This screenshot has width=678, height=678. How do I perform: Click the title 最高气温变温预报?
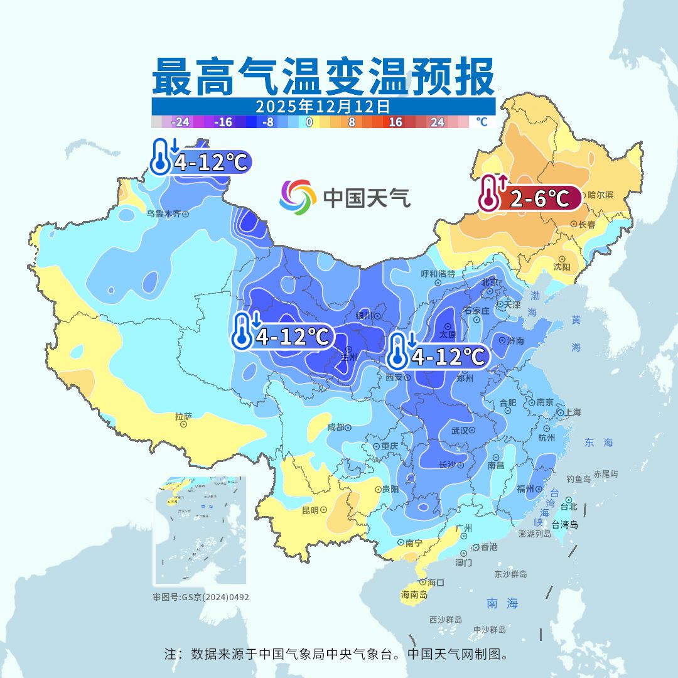323,77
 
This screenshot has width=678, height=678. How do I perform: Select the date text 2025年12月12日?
323,106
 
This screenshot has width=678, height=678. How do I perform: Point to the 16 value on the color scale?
395,122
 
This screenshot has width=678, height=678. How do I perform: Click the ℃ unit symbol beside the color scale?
482,122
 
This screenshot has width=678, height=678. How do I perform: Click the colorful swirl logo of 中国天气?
298,197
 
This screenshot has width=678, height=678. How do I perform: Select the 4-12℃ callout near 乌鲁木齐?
202,163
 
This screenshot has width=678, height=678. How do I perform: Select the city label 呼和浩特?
438,274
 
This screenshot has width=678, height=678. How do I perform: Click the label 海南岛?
414,595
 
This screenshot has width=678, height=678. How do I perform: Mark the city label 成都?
336,427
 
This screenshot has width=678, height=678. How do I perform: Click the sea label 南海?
503,603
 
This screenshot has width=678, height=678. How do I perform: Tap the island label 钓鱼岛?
578,478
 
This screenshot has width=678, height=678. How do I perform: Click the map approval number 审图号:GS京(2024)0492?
201,597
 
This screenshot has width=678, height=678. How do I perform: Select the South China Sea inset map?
201,531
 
